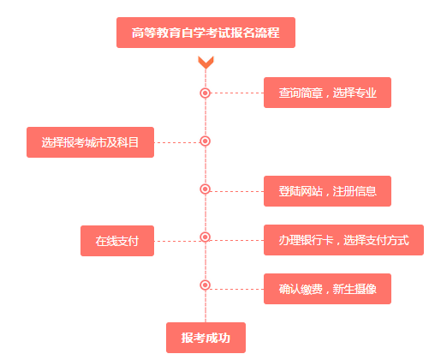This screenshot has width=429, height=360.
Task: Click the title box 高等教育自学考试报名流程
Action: [x=206, y=33]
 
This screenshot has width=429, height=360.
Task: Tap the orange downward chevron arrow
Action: [x=206, y=63]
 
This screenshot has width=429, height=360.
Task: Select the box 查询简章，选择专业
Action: [x=327, y=93]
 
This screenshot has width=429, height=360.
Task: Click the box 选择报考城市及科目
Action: [x=90, y=142]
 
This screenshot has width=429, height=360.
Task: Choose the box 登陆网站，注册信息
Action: [x=327, y=191]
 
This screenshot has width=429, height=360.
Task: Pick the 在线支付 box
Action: [x=117, y=241]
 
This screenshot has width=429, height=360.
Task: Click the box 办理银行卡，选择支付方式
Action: [x=343, y=240]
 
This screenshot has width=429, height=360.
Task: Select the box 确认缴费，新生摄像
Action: [x=327, y=289]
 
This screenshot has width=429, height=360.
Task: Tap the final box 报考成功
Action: [x=206, y=338]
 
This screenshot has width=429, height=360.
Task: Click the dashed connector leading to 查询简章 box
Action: [x=237, y=93]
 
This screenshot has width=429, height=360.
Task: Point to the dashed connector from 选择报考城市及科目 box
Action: [x=177, y=142]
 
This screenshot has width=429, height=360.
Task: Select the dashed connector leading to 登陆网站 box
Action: [x=236, y=191]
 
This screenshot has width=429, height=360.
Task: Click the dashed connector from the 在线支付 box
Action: [x=177, y=242]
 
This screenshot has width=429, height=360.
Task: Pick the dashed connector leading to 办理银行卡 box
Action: [x=236, y=241]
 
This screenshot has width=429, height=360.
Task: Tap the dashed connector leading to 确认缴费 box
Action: [x=236, y=289]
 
